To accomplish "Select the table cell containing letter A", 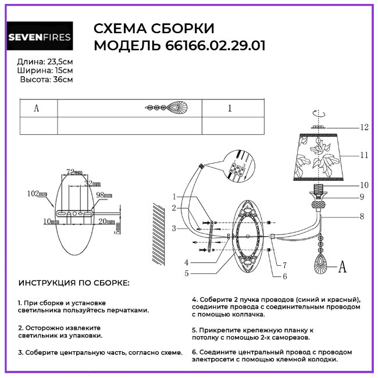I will [37, 108].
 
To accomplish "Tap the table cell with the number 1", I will [230, 108].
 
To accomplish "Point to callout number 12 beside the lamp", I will [364, 127].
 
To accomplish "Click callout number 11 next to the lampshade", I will [364, 155].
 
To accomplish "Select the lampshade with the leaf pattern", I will [318, 155].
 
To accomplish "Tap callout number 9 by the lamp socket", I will [361, 197].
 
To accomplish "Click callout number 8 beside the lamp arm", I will [361, 217].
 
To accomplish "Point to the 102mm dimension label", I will [36, 193].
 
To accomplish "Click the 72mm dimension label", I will [74, 173].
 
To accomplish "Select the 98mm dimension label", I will [104, 195].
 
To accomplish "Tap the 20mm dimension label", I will [106, 222].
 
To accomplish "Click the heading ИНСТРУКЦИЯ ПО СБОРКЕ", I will [74, 283].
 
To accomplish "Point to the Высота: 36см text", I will [47, 80].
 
